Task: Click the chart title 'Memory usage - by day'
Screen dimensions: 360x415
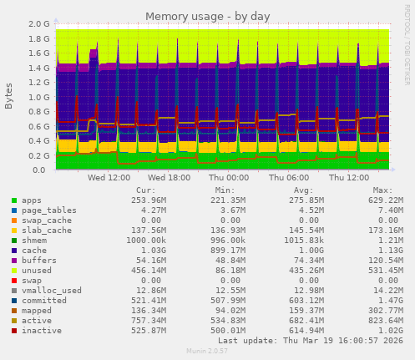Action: pos(208,16)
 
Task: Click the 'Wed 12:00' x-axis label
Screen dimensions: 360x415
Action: pos(108,179)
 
